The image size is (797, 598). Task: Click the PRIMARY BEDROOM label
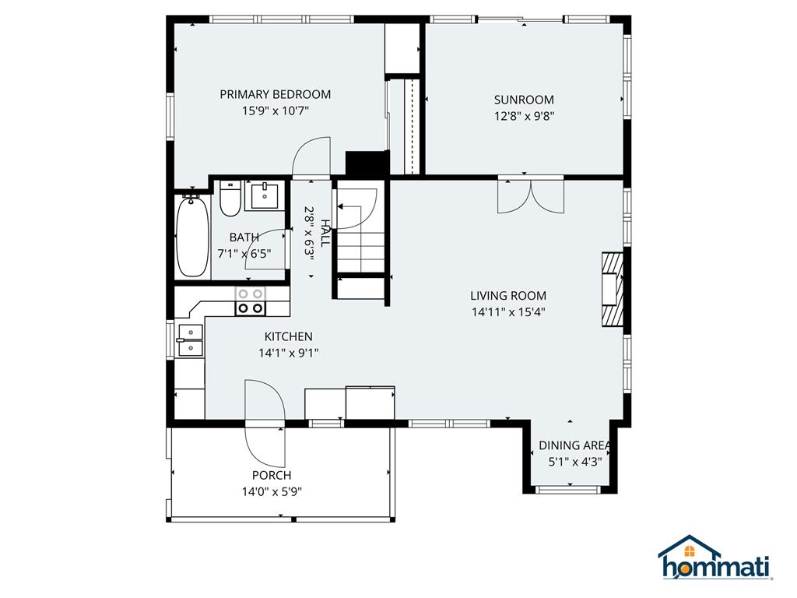(x=275, y=94)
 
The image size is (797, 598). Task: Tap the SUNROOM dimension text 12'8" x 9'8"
(x=524, y=116)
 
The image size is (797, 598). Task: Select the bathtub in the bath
(x=191, y=237)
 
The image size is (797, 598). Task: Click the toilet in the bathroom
(x=230, y=199)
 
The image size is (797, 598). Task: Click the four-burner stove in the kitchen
(x=251, y=301)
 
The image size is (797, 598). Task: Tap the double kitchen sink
(x=189, y=340)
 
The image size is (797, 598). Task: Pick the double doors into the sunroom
(x=530, y=195)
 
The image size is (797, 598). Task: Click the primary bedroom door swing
(x=311, y=157)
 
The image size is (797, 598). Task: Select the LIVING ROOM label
(x=508, y=296)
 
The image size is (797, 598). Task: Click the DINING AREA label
(x=574, y=445)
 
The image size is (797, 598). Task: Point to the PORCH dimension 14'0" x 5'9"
(x=272, y=491)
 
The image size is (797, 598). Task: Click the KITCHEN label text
(x=288, y=336)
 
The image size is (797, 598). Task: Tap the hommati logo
(x=715, y=558)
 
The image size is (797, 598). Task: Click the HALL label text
(x=324, y=231)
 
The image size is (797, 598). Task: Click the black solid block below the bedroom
(x=367, y=164)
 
